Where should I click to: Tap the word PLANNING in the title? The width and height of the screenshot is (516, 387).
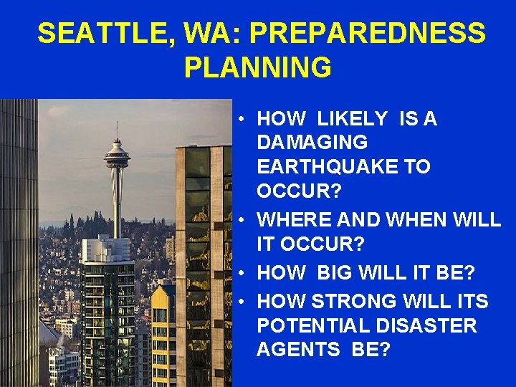(x=257, y=67)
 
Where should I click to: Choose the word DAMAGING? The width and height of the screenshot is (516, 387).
(x=312, y=143)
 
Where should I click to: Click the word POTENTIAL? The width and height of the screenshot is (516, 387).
(x=316, y=325)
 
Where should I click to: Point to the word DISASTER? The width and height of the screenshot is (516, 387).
(x=429, y=325)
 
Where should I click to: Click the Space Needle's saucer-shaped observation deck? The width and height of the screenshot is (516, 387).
(x=117, y=153)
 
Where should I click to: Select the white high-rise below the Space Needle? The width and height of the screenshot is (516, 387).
(x=107, y=301)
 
